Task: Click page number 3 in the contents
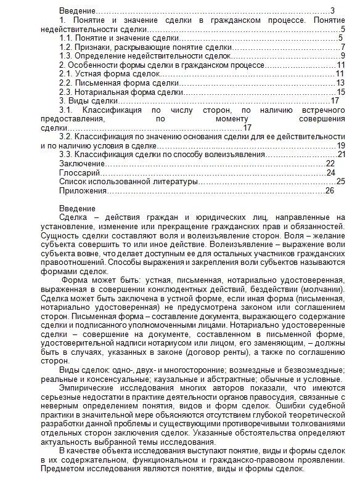point(332,10)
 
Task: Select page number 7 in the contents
point(342,47)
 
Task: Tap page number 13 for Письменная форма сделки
point(339,83)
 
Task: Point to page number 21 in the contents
point(341,155)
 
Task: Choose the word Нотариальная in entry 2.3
point(102,92)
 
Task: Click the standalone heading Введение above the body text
point(77,208)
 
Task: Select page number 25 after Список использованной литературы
point(340,182)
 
